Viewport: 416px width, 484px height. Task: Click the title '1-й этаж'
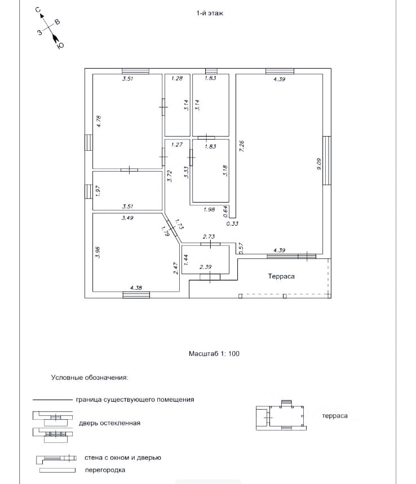coord(210,13)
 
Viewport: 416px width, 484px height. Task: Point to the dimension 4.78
coord(98,122)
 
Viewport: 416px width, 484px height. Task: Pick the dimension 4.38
coord(136,288)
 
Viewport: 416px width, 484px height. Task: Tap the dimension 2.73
coord(209,237)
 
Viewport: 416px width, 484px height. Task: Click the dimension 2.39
coord(206,266)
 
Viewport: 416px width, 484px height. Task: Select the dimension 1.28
coord(177,79)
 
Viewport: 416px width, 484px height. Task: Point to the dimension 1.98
coord(208,210)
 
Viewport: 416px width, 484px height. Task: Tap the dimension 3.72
coord(169,177)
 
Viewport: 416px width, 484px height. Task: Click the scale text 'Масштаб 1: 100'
coord(214,354)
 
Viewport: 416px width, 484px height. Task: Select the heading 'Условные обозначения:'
coord(89,378)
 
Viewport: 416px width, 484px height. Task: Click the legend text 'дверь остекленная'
coord(109,423)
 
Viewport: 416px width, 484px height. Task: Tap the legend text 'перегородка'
coord(105,470)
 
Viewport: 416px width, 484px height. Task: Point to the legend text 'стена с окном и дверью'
coord(122,458)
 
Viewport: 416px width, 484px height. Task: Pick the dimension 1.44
coord(186,259)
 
